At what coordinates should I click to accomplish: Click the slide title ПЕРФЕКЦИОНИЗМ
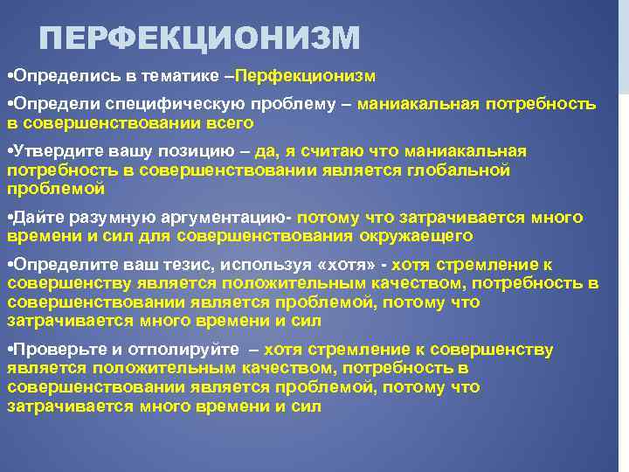(199, 38)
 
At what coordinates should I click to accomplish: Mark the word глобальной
(459, 170)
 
